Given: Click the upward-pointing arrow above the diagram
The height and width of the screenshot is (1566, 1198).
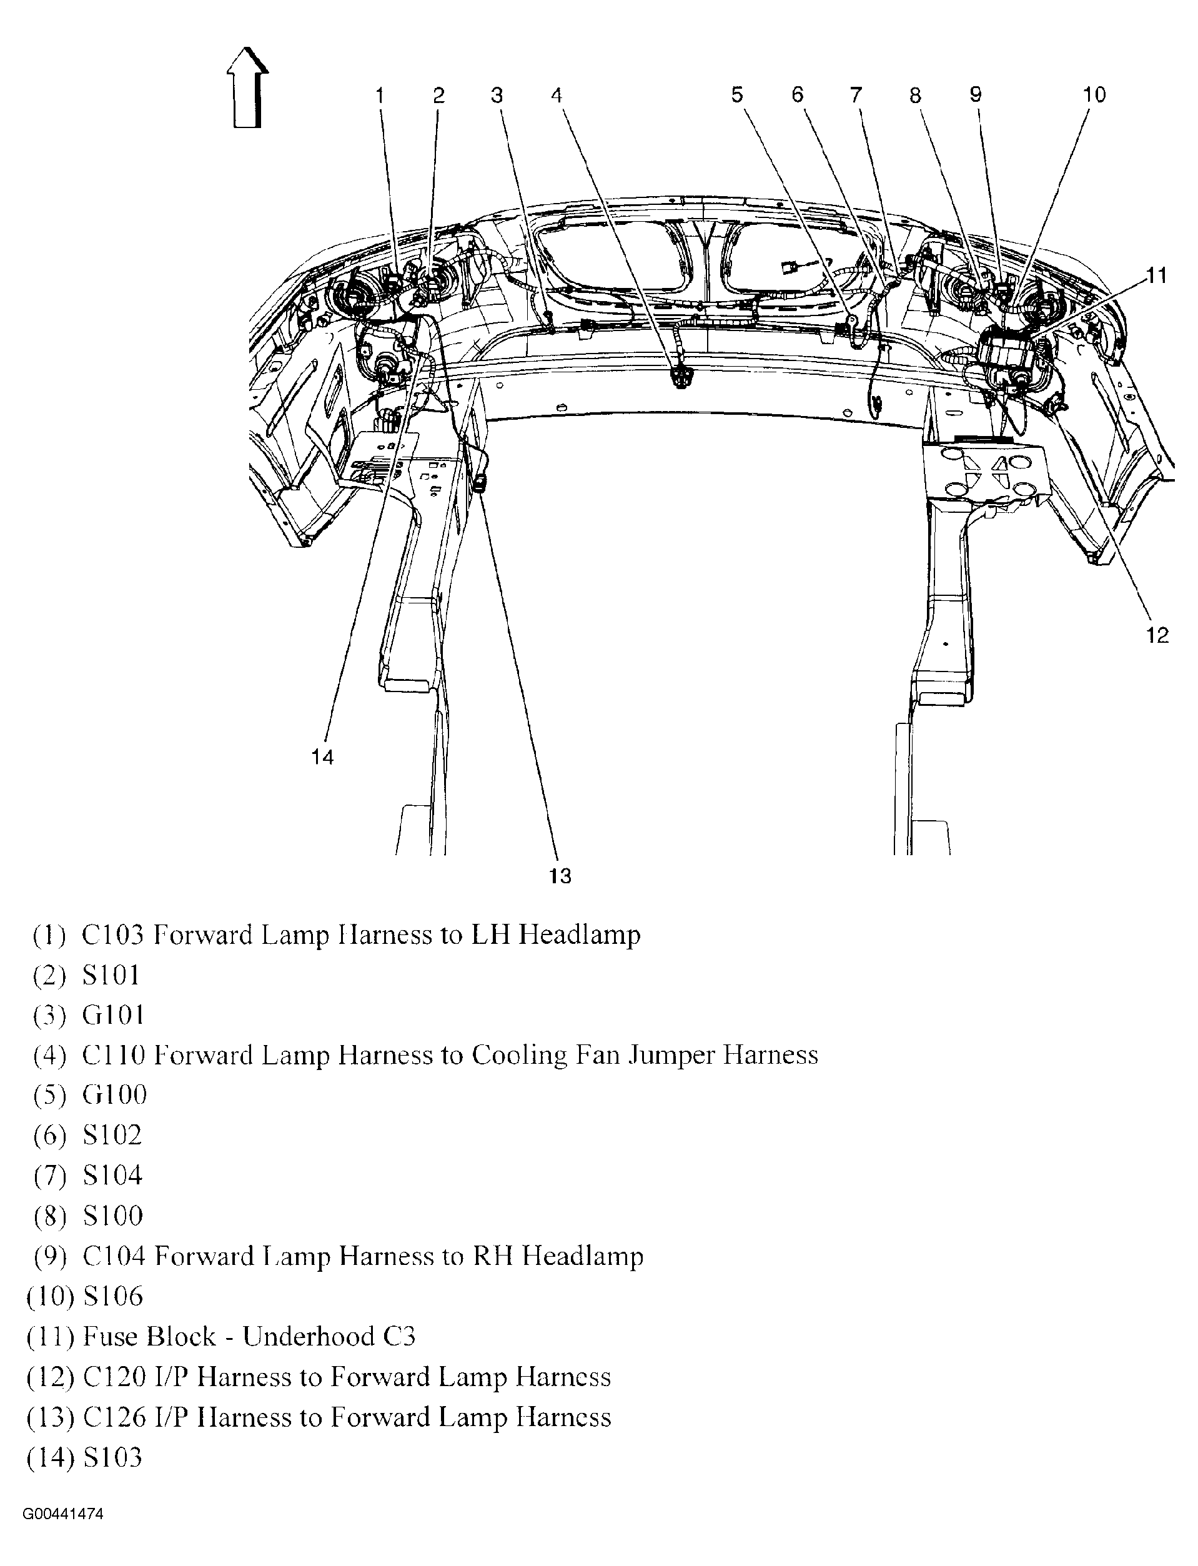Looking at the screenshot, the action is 247,87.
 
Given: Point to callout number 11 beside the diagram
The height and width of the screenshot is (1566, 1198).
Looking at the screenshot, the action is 1157,275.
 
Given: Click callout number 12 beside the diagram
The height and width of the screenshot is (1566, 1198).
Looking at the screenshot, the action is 1158,635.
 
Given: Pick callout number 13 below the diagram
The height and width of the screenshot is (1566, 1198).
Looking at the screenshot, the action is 560,876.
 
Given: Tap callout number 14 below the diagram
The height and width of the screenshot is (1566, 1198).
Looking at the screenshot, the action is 322,757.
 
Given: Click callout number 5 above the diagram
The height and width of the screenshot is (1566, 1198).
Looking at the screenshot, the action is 737,95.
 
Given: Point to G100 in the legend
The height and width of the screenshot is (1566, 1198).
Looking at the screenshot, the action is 114,1094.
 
